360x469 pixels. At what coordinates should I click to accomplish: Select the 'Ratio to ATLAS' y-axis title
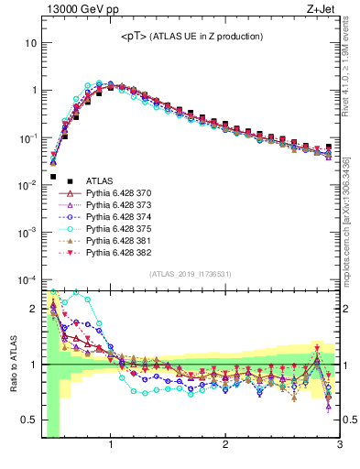point(12,365)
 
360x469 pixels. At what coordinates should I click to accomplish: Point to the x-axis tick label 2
point(225,447)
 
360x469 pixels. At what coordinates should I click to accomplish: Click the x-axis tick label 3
point(339,447)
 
